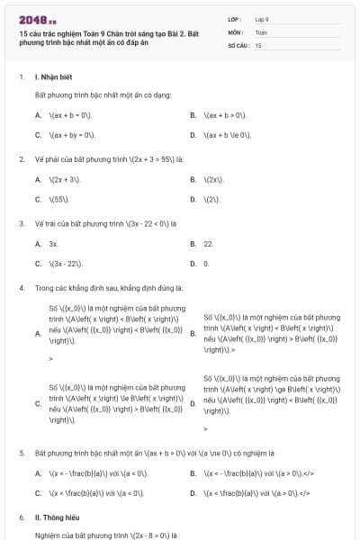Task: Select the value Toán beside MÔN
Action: point(262,31)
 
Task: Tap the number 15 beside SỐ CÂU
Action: point(258,44)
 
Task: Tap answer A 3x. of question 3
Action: point(54,244)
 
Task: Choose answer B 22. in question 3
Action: point(209,244)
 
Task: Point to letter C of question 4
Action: point(38,403)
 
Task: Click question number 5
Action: point(22,453)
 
